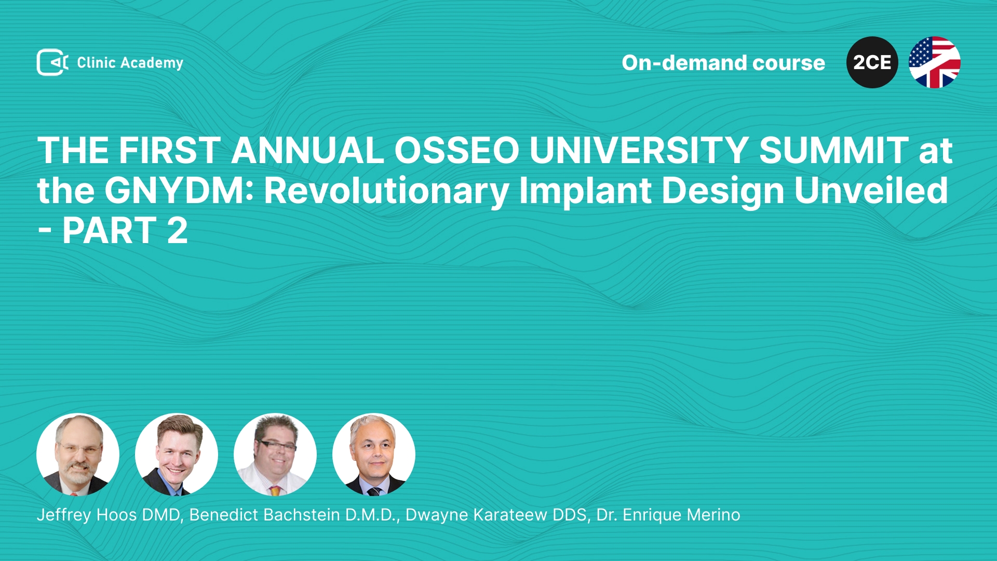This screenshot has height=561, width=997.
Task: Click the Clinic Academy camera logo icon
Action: pyautogui.click(x=52, y=62)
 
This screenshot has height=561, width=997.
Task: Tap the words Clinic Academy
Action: pyautogui.click(x=130, y=63)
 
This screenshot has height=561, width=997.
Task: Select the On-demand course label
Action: pyautogui.click(x=723, y=63)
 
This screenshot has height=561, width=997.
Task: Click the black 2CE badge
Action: pyautogui.click(x=872, y=62)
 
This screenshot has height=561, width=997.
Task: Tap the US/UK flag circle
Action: pyautogui.click(x=935, y=62)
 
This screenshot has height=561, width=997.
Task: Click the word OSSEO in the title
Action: pyautogui.click(x=457, y=151)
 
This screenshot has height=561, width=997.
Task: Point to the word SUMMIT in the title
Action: pyautogui.click(x=834, y=151)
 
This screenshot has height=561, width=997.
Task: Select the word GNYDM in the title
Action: pyautogui.click(x=174, y=191)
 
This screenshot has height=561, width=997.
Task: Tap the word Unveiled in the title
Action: pyautogui.click(x=871, y=190)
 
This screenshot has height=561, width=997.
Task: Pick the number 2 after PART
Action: pyautogui.click(x=177, y=231)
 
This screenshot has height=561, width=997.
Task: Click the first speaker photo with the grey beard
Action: pyautogui.click(x=78, y=455)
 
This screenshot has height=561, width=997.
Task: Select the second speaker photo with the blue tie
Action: pyautogui.click(x=177, y=455)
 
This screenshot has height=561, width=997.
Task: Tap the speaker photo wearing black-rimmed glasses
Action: pyautogui.click(x=275, y=455)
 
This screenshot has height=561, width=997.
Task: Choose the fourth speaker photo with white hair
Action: pyautogui.click(x=374, y=455)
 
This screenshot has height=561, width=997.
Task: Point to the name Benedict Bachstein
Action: pyautogui.click(x=265, y=515)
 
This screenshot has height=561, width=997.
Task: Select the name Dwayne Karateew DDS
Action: pyautogui.click(x=496, y=515)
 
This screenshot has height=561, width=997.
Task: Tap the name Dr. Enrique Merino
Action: pyautogui.click(x=668, y=515)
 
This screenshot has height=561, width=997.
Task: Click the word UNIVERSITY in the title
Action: pyautogui.click(x=639, y=151)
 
